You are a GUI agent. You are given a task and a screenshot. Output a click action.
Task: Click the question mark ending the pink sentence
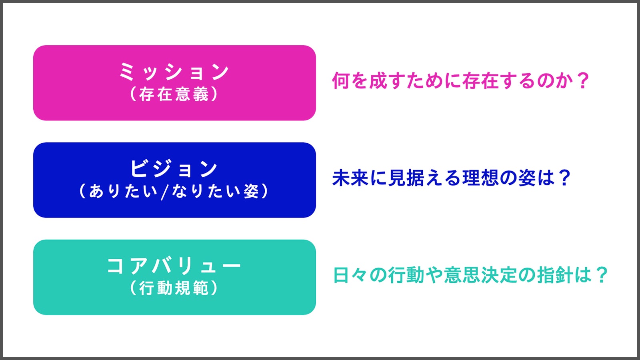pyautogui.click(x=582, y=80)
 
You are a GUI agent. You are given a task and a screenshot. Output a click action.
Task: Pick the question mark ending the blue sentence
pyautogui.click(x=564, y=178)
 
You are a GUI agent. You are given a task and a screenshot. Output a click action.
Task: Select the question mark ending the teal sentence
pyautogui.click(x=601, y=275)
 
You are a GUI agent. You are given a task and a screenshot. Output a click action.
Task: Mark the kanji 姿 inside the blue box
pyautogui.click(x=252, y=191)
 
